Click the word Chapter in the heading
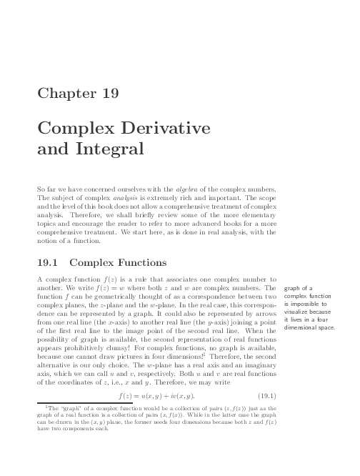(x=63, y=93)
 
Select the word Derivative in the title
(x=159, y=129)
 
